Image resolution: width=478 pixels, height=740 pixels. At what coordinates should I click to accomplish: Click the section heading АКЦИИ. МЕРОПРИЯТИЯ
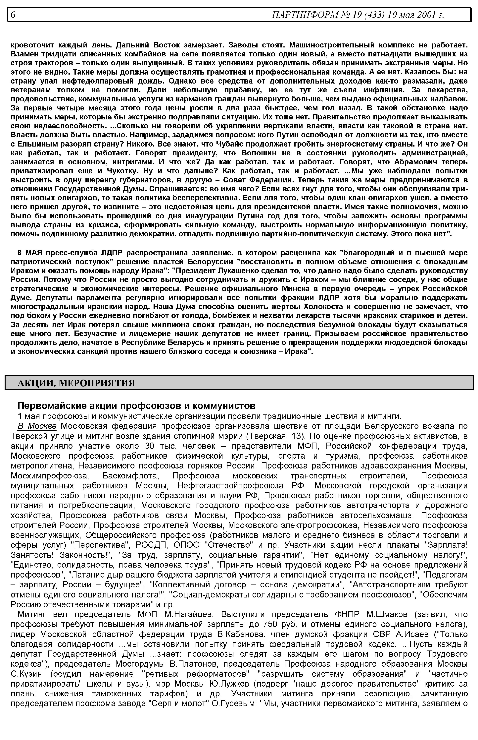(76, 383)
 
